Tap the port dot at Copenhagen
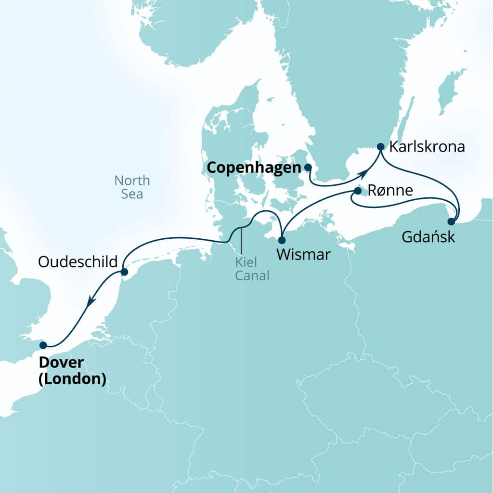pyautogui.click(x=308, y=167)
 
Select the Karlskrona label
pyautogui.click(x=427, y=146)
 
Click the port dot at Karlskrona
pyautogui.click(x=380, y=146)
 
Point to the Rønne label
pyautogui.click(x=390, y=191)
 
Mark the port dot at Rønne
pyautogui.click(x=358, y=191)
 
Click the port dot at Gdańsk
pyautogui.click(x=451, y=222)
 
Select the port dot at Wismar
pyautogui.click(x=282, y=240)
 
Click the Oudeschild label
pyautogui.click(x=78, y=262)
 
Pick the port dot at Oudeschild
pyautogui.click(x=124, y=272)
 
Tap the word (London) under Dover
pyautogui.click(x=72, y=379)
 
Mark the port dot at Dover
pyautogui.click(x=43, y=345)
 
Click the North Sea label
pyautogui.click(x=132, y=187)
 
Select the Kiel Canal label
pyautogui.click(x=252, y=269)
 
